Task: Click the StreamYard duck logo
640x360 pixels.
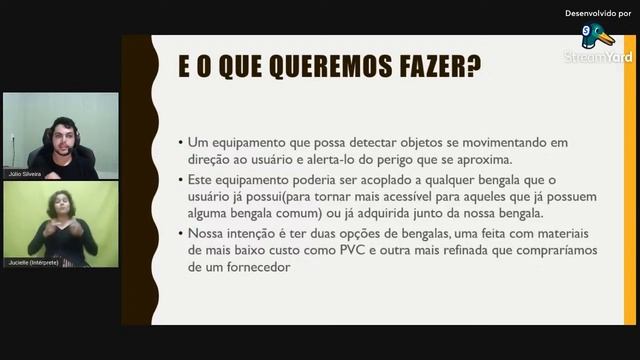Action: coord(599,37)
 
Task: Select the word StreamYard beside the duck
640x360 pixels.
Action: coord(598,57)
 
